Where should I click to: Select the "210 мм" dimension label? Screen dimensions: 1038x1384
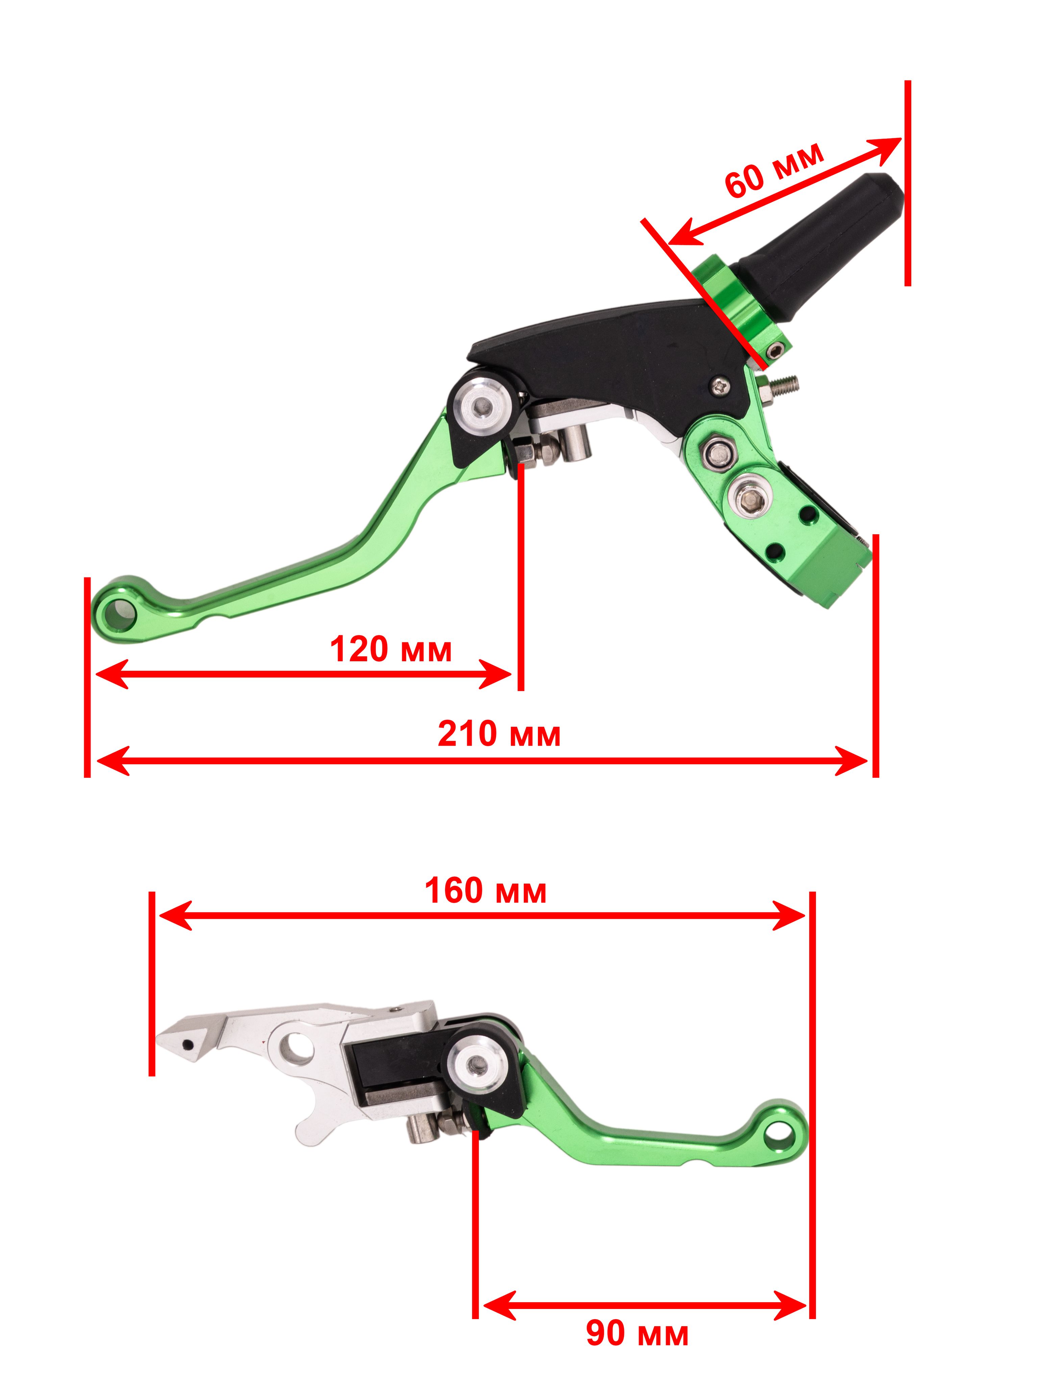pyautogui.click(x=499, y=733)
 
